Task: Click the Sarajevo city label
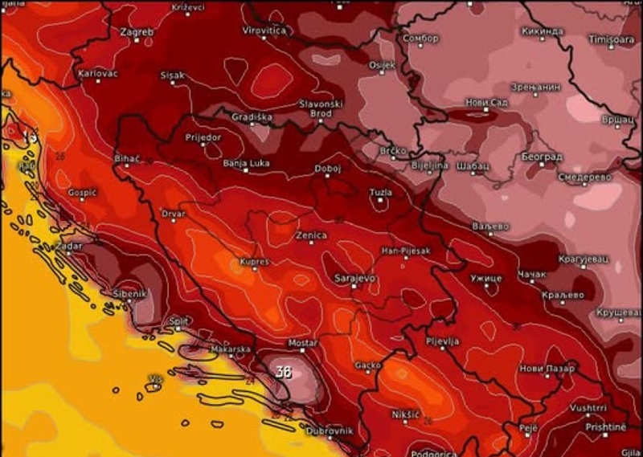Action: coord(354,278)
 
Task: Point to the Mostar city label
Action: coord(303,343)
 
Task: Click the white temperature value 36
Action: coord(282,371)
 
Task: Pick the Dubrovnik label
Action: coord(330,431)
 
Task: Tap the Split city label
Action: coord(178,320)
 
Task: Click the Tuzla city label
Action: coord(381,192)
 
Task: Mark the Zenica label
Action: coord(311,235)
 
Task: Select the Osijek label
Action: coord(381,63)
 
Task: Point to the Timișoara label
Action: coord(612,39)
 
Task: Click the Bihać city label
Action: coord(128,157)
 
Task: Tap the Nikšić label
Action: coord(407,414)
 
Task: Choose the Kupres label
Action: coord(254,262)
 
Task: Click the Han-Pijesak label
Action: coord(405,251)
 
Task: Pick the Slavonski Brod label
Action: coord(321,108)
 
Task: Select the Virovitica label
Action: coord(264,30)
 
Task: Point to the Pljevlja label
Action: coord(442,341)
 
